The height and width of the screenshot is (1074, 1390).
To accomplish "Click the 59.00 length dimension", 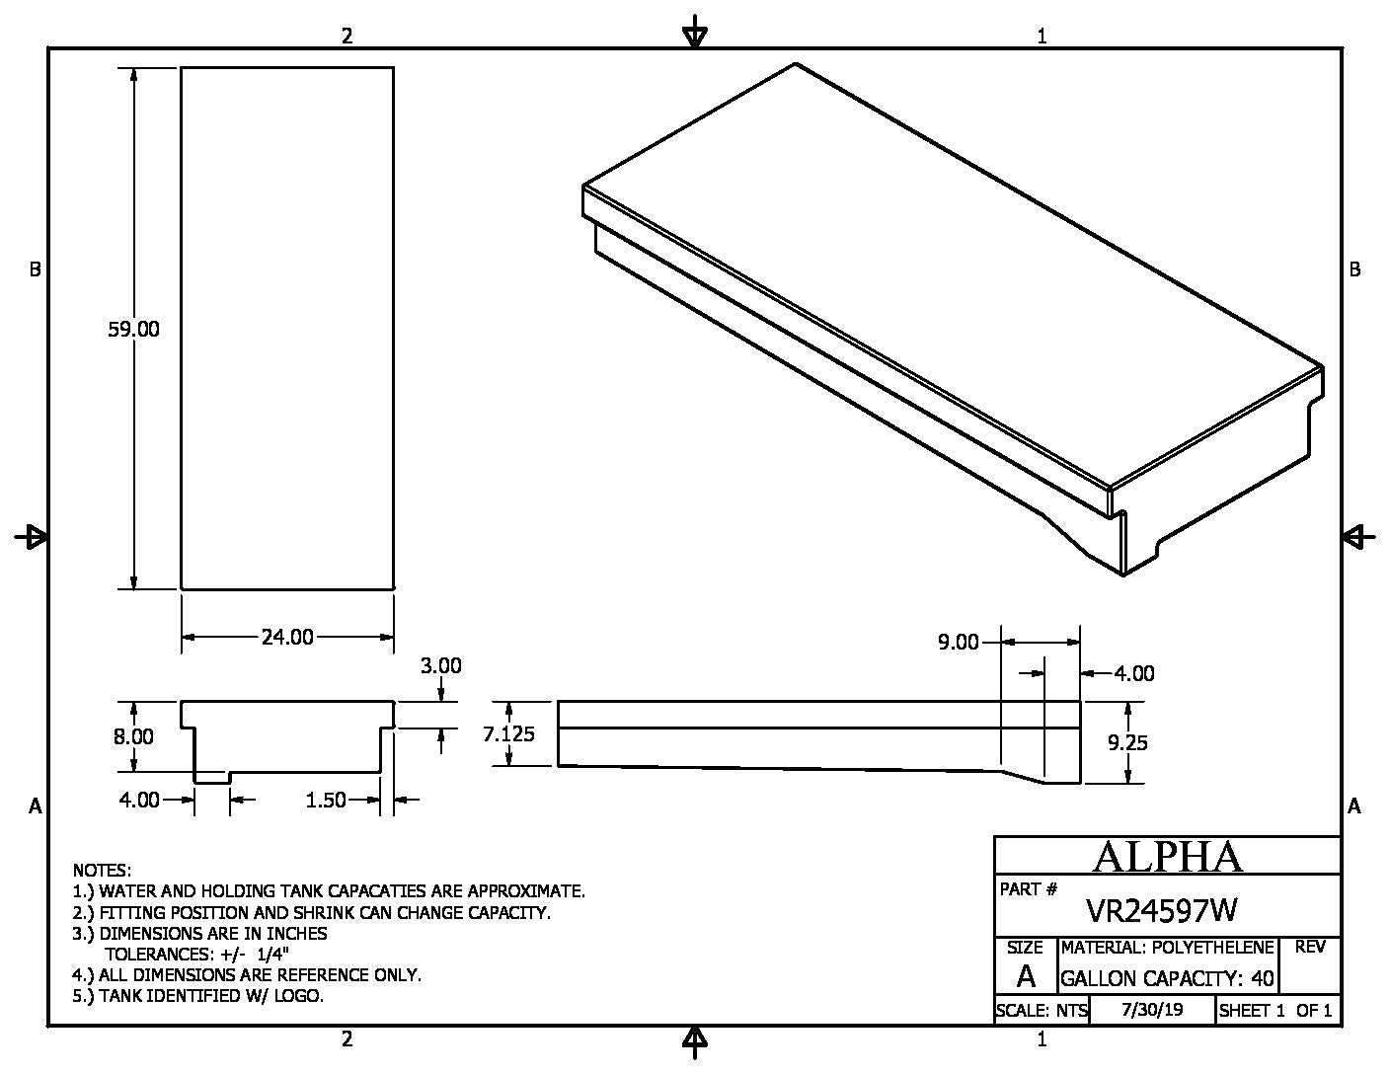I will tap(133, 330).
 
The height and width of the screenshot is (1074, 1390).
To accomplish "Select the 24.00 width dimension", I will tap(287, 638).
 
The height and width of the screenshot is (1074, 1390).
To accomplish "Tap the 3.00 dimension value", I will tap(440, 666).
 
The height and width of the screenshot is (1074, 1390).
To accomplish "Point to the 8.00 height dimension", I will tap(133, 736).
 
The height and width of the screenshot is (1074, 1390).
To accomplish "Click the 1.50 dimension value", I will tap(325, 800).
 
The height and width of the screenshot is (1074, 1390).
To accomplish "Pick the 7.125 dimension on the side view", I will tap(508, 733).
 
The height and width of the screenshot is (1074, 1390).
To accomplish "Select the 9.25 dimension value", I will tap(1126, 742).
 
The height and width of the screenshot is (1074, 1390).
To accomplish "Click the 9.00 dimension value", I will tap(958, 643).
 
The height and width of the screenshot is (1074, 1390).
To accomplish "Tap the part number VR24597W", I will tap(1161, 909).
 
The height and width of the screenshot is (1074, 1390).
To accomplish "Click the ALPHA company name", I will tap(1167, 857).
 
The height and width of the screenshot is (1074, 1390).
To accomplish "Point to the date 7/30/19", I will tap(1152, 1010).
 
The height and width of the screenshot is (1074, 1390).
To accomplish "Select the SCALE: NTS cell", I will tap(1042, 1011).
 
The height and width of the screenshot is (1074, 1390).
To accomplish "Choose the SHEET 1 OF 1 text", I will tap(1275, 1011).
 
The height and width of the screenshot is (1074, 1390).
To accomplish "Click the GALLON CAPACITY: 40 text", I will tap(1167, 979).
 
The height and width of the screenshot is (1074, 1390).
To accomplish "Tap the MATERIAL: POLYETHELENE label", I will tap(1167, 948).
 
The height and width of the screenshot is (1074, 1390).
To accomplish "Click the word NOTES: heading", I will tap(102, 871).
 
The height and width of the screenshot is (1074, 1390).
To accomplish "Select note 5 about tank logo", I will tap(198, 996).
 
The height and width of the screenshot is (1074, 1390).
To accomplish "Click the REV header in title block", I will tap(1309, 948).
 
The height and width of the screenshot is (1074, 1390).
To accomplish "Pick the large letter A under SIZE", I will tap(1026, 977).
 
